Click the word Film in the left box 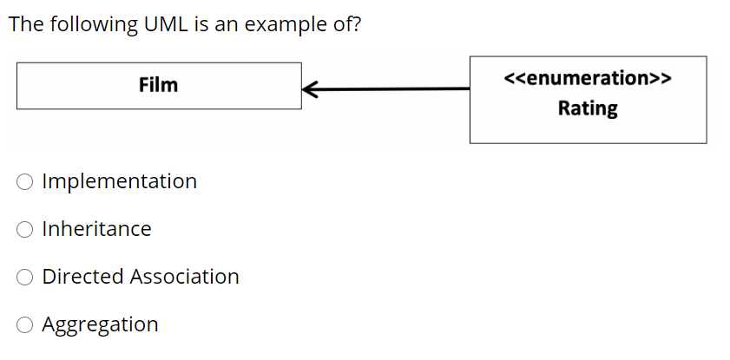click(x=158, y=85)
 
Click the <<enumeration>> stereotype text click(x=588, y=78)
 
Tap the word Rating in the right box click(x=588, y=108)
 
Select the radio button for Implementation click(x=25, y=182)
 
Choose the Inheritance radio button click(x=25, y=230)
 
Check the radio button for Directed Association click(x=25, y=278)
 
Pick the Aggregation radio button click(x=25, y=325)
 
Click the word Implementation click(x=119, y=181)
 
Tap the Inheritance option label click(x=96, y=229)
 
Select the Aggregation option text click(x=100, y=324)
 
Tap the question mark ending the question click(x=357, y=23)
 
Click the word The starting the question click(x=25, y=23)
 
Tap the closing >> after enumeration click(x=661, y=78)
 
